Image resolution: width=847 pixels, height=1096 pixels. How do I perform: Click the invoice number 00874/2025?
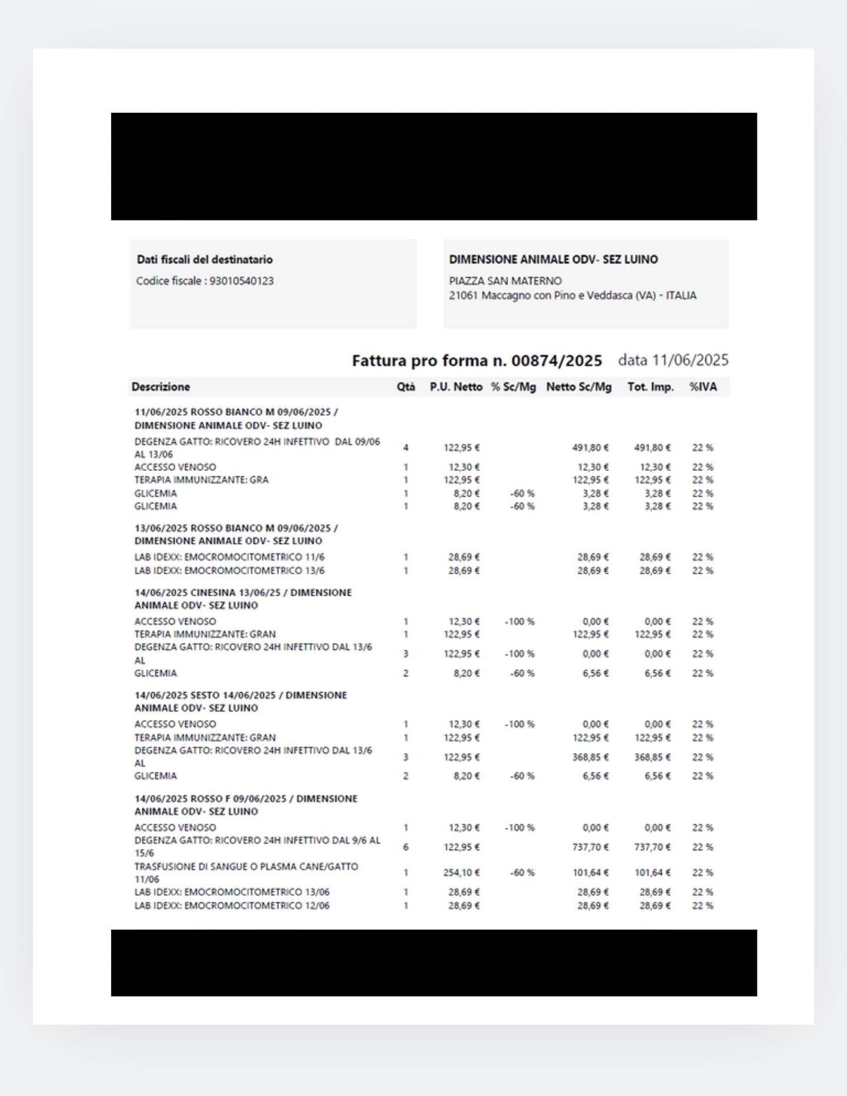tap(556, 360)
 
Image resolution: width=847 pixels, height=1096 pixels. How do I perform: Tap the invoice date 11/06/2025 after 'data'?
tap(690, 360)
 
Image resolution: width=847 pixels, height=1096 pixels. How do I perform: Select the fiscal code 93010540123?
tap(242, 281)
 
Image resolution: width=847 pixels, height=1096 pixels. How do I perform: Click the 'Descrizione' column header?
tap(161, 387)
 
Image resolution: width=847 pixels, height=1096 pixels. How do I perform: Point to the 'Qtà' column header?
tap(406, 387)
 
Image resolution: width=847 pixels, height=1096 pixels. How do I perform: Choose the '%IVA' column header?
tap(703, 387)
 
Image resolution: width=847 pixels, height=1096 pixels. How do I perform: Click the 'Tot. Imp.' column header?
tap(651, 387)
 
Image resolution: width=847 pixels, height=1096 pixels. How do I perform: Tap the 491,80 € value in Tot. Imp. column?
tap(652, 448)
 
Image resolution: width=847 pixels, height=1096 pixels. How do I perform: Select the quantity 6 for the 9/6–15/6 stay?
tap(406, 847)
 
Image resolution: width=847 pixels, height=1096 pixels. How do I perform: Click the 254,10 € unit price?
tap(462, 873)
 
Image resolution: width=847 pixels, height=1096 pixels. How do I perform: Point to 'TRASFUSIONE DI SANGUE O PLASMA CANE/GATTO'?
tap(246, 867)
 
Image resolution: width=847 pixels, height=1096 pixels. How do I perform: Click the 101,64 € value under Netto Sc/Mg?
tap(591, 873)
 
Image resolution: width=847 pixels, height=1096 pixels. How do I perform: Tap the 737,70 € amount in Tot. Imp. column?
tap(652, 847)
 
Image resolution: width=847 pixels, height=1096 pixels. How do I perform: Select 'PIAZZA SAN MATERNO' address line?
tap(505, 281)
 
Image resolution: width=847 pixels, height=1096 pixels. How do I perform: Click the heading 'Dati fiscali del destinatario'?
tap(205, 259)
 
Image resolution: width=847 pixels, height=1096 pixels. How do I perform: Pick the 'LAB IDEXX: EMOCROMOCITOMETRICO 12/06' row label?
tap(232, 905)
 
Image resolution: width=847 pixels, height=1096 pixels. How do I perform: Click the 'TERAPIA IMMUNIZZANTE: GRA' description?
tap(201, 480)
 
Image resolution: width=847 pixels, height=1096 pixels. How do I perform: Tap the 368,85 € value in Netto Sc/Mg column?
tap(591, 757)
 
